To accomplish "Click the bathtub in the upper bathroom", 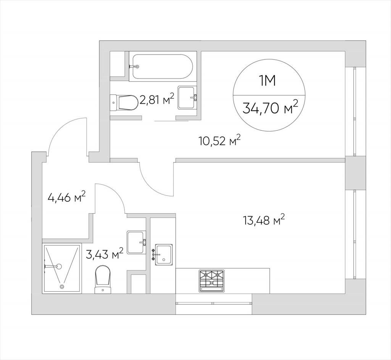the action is click(163, 67).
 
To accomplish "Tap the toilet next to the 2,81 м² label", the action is click(124, 102).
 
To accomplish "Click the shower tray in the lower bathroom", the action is click(62, 268).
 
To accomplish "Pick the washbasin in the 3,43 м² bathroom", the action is click(136, 242).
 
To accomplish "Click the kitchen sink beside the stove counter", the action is click(162, 254).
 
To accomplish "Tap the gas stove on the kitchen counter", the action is click(212, 281).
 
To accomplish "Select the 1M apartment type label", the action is click(268, 81).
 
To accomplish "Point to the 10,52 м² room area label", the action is click(220, 141).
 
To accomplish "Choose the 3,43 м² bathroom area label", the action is click(105, 254).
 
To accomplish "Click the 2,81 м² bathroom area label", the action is click(157, 99).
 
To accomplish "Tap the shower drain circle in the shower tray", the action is click(61, 287).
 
